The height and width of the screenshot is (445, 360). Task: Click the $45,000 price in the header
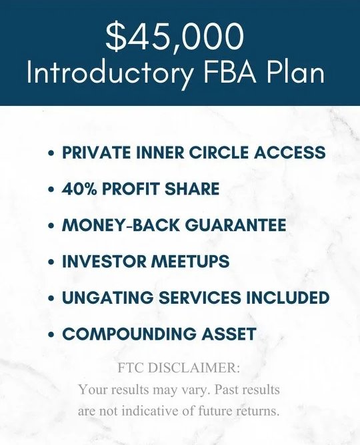point(175,37)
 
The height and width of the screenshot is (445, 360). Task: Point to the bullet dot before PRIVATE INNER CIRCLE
point(51,153)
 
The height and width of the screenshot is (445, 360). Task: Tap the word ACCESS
point(289,153)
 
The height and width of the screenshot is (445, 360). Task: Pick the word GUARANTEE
point(235,225)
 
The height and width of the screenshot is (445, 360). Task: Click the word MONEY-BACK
point(121,225)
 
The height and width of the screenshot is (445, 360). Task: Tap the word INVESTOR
point(103,261)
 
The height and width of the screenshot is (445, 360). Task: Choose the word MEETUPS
point(189,261)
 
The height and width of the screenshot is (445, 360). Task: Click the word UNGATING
point(107,297)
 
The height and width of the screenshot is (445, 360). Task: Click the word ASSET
point(229,334)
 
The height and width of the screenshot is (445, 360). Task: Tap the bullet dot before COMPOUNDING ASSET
point(51,334)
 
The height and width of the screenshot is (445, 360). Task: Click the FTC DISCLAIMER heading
point(179,368)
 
